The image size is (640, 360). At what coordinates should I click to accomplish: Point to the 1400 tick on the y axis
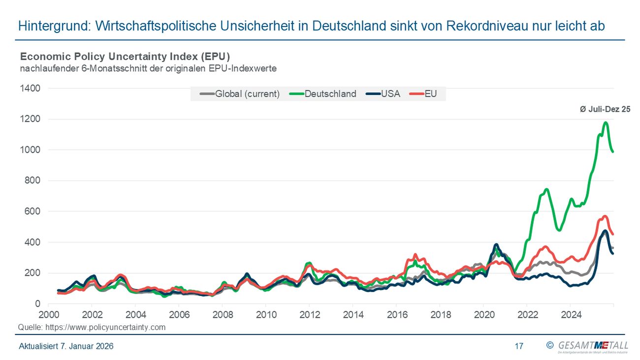coord(31,88)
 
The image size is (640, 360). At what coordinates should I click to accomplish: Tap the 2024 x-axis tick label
coord(570,314)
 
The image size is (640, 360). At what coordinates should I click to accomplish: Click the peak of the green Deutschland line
coord(605,123)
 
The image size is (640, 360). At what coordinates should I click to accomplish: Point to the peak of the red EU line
coord(605,216)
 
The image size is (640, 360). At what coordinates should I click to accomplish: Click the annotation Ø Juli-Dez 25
coord(605,109)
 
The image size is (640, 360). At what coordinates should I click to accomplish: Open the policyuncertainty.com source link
coord(105,327)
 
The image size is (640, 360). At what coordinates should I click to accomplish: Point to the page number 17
coord(519,346)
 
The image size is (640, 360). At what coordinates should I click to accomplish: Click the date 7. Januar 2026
coord(87,346)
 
